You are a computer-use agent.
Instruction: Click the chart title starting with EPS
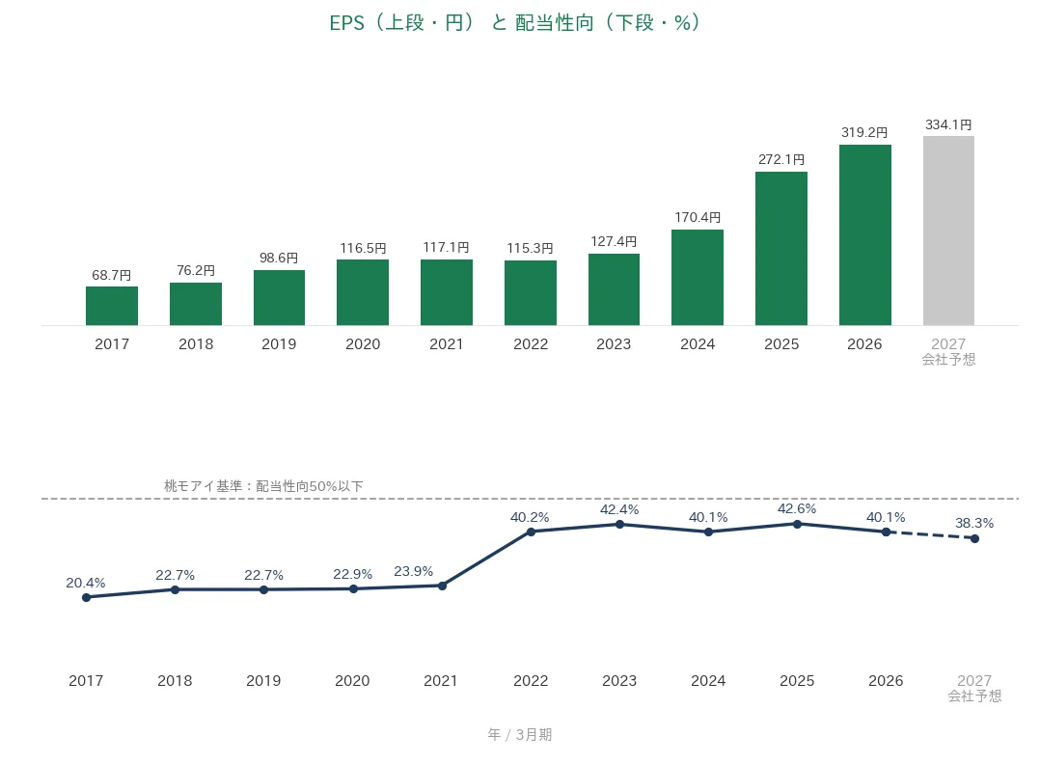pos(515,22)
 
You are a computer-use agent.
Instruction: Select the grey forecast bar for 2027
pos(948,231)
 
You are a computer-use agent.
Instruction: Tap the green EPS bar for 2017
pos(112,306)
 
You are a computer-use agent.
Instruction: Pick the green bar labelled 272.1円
pos(781,249)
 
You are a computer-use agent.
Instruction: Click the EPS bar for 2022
pos(531,293)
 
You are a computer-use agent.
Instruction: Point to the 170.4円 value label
pos(698,218)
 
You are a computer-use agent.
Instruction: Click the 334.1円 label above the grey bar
pos(948,124)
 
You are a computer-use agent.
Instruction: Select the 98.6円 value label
pos(279,258)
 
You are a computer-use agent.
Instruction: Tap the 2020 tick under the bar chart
pos(363,344)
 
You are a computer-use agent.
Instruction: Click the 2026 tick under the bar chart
pos(864,344)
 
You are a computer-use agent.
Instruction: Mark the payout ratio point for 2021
pos(443,586)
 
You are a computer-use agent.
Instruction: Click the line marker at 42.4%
pos(619,525)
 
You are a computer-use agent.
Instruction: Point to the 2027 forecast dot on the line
pos(974,538)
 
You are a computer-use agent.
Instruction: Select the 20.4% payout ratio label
pos(86,583)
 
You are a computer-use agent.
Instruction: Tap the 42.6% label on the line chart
pos(797,508)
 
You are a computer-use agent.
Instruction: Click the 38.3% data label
pos(974,523)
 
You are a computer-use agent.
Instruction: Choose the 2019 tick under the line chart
pos(263,681)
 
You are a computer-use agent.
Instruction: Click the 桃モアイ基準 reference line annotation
pos(263,486)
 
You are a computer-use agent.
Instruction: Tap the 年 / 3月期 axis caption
pos(520,734)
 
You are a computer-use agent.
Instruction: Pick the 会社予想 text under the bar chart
pos(948,360)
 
